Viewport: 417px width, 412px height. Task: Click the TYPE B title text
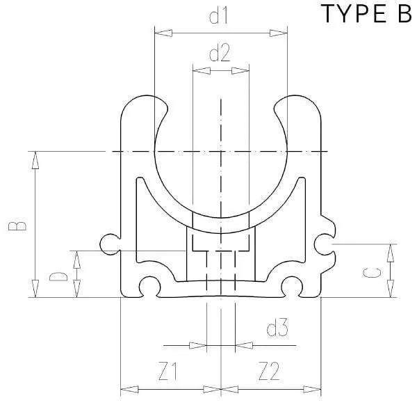coord(367,13)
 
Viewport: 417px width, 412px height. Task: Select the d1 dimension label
coord(219,17)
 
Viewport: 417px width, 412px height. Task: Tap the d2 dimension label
coord(219,54)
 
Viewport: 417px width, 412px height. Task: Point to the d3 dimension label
coord(277,328)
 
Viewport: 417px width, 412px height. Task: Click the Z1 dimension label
coord(167,371)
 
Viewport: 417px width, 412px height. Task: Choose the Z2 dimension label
coord(269,371)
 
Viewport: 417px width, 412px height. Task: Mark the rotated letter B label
coord(17,226)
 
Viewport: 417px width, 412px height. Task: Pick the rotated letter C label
coord(372,273)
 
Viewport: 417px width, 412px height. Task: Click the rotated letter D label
coord(58,276)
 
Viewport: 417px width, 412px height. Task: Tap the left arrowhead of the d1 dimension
coord(163,33)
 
